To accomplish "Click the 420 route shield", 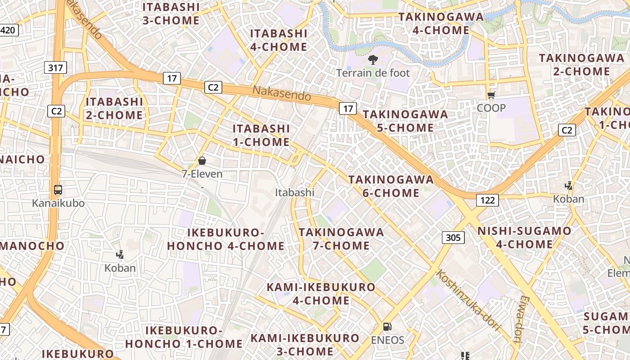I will (x=9, y=31).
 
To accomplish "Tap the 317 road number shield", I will (x=56, y=67).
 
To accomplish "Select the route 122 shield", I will (x=487, y=200).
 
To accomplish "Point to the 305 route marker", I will (x=453, y=237).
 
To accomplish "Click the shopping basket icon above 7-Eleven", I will (x=202, y=161).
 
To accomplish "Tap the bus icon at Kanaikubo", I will (x=58, y=190).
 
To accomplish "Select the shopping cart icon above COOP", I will (x=491, y=95).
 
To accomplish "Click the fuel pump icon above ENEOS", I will (x=387, y=327).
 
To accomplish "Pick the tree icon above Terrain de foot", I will (x=373, y=59).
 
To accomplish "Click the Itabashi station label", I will (x=295, y=193).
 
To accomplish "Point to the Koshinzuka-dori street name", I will (x=468, y=300).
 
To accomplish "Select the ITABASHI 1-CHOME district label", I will (x=261, y=135).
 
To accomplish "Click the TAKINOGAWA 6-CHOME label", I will (x=391, y=186).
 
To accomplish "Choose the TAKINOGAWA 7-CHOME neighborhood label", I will (x=341, y=239).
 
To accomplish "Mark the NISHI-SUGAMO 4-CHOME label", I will (x=524, y=238).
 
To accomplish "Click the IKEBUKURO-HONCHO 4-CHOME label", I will (x=225, y=239).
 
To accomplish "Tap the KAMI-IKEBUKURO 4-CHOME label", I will (x=321, y=294).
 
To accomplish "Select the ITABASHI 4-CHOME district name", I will (x=279, y=40).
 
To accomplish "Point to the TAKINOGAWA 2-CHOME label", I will (x=575, y=65).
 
